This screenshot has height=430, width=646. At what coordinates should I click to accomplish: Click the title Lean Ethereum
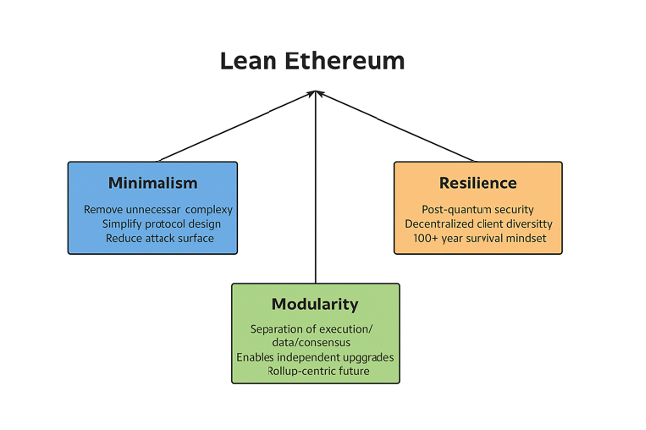click(x=312, y=60)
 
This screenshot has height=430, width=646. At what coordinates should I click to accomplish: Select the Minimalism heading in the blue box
click(x=153, y=183)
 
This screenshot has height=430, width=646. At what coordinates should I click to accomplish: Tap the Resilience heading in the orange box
click(x=478, y=183)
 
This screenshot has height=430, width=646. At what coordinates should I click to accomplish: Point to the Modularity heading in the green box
click(x=315, y=304)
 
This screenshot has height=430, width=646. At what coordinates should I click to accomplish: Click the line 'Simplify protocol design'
click(x=161, y=224)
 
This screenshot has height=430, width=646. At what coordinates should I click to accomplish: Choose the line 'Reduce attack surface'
click(x=160, y=238)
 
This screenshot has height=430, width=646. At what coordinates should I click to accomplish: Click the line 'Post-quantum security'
click(x=479, y=210)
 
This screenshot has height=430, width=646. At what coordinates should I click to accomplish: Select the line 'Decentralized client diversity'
click(x=479, y=224)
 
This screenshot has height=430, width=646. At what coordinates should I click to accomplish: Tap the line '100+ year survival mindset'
click(x=479, y=238)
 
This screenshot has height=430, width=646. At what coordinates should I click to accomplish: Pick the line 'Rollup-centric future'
click(x=317, y=371)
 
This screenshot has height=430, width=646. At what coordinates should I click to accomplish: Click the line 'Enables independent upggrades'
click(x=315, y=357)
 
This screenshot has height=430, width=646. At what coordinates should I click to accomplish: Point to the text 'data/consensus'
click(x=315, y=343)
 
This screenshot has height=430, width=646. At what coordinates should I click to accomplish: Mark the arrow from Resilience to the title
click(x=396, y=127)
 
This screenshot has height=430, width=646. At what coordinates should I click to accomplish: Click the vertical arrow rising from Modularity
click(x=315, y=198)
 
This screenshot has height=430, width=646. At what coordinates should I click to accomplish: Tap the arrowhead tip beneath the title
click(x=315, y=92)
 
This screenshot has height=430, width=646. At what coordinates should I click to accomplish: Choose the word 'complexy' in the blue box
click(x=211, y=210)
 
